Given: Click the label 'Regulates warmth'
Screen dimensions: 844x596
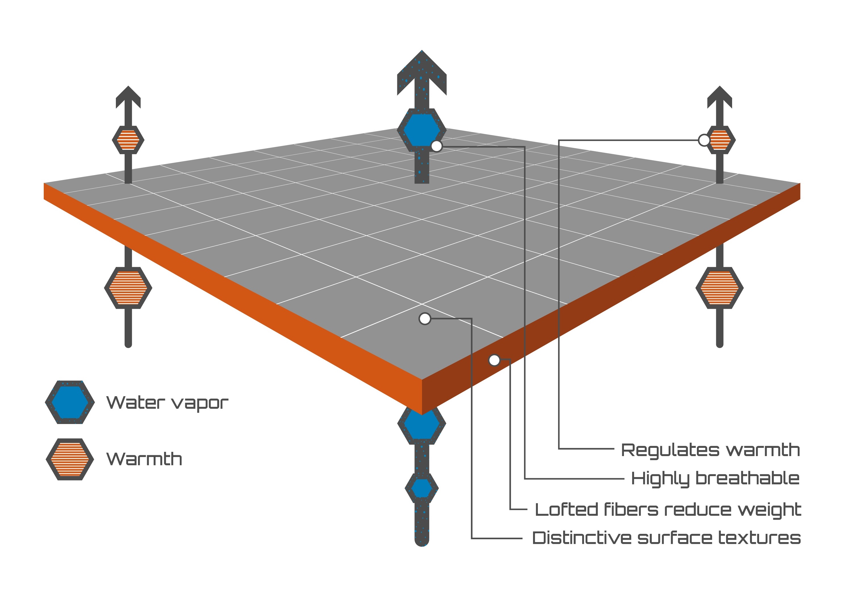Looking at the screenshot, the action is point(710,450).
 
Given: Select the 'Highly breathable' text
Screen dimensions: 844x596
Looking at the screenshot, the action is point(715,479).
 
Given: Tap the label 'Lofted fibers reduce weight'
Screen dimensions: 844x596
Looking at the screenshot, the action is point(668,510).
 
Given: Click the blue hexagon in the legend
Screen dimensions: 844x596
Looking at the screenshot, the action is point(70,402).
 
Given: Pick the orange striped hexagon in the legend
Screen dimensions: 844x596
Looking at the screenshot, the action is point(70,459).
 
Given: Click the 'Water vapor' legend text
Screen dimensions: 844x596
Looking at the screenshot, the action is point(167,403).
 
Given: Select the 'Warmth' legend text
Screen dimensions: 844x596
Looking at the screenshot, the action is point(144,459).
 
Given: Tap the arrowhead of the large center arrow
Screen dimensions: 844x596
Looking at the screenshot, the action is point(422,73).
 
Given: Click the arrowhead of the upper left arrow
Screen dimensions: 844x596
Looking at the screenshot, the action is point(128,97).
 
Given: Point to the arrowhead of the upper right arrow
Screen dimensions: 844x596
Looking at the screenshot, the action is point(720,97).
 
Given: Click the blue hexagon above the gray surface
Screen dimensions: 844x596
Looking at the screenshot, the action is point(422,130).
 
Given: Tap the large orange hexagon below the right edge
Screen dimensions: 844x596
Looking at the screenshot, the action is point(720,288).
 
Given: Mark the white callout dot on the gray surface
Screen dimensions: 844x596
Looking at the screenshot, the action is point(425,319).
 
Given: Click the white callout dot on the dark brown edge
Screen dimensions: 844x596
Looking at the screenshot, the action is point(494,360).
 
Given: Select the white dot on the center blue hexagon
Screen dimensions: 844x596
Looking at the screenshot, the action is point(436,146).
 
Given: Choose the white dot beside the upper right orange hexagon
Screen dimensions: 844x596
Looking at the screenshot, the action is point(704,140).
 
